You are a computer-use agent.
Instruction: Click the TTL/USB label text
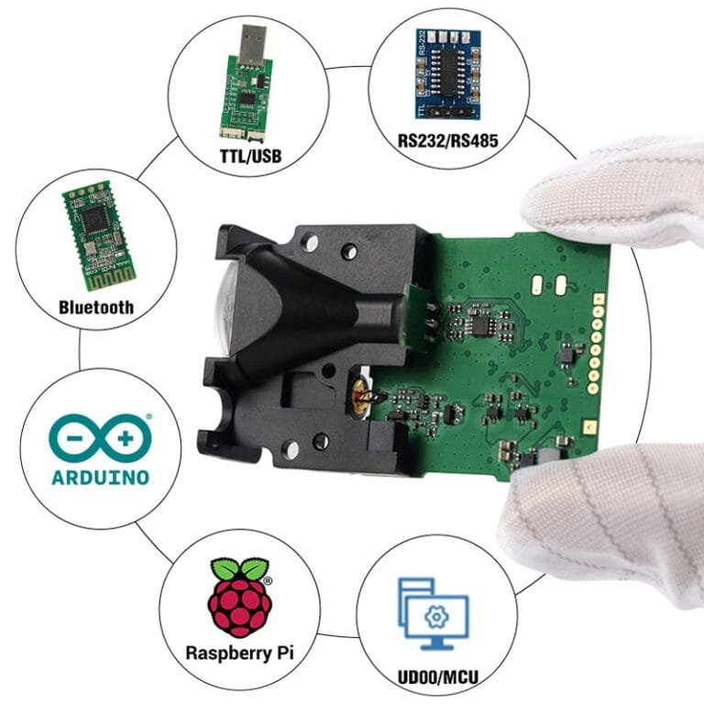tap(250, 155)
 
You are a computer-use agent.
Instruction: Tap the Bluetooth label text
tap(95, 307)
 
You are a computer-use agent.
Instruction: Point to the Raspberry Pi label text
tap(241, 654)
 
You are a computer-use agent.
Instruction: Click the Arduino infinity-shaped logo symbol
tap(100, 437)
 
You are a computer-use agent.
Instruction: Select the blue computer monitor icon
tap(434, 610)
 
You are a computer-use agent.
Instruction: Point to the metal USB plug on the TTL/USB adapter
tap(250, 45)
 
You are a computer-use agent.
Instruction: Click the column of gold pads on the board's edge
tap(597, 348)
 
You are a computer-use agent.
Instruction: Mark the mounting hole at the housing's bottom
tap(291, 450)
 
